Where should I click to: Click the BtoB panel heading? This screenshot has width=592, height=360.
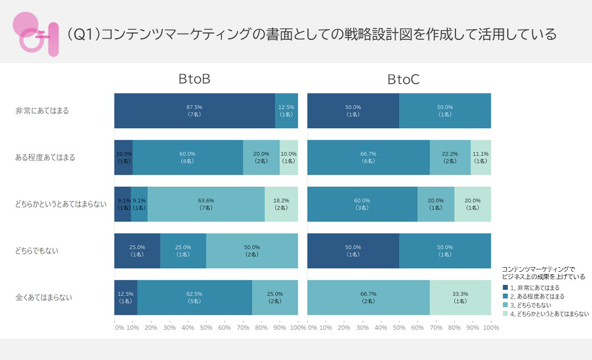pos(195,79)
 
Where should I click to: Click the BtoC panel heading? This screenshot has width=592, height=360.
pos(404,80)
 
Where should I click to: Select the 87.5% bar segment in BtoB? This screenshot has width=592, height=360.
pos(195,111)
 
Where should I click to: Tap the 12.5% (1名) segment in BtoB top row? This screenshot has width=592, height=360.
pos(286,111)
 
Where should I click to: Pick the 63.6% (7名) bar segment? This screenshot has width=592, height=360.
pos(206,204)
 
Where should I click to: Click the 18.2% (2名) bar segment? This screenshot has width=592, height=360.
pos(281,204)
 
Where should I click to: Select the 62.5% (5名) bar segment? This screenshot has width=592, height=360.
pos(195,297)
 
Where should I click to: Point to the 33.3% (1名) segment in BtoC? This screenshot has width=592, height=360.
pos(461,297)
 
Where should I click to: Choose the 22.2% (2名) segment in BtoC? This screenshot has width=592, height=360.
pos(450,157)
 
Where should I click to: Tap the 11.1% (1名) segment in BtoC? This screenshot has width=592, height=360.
pos(481,157)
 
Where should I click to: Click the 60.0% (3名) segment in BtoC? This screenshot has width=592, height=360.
pos(362,204)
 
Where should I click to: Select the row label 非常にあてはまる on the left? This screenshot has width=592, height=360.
pos(42,111)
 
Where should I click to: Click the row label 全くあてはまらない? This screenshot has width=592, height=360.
pos(45,297)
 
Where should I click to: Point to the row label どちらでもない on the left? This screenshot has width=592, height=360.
pos(37,251)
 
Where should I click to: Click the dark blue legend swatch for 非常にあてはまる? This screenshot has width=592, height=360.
pos(505,288)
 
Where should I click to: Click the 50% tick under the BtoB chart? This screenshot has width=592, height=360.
pos(206,328)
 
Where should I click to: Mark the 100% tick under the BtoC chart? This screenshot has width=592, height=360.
pos(491,328)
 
